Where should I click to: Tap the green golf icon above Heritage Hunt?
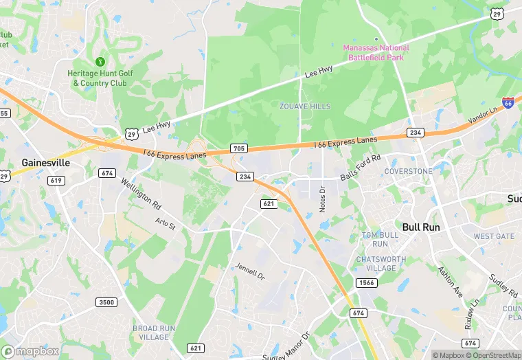pos(100,62)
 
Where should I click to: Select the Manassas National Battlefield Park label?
pos(376,52)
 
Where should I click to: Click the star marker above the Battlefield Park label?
pos(376,39)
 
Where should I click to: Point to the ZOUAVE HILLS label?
pos(305,106)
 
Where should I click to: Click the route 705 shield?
pos(238,148)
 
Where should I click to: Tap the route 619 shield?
pos(56,180)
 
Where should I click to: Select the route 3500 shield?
pos(106,302)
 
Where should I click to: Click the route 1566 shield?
pos(366,283)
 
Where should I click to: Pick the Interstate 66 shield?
pos(508,103)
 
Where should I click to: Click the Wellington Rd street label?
pos(140,194)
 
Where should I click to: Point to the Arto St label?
pos(166,223)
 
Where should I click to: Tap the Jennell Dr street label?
pos(249,271)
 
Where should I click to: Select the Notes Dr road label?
pos(321,197)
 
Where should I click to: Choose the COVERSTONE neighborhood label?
pos(409,171)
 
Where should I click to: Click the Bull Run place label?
pos(421,227)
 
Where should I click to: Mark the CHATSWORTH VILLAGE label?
pos(381,264)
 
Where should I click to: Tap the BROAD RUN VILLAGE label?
pos(150,333)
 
